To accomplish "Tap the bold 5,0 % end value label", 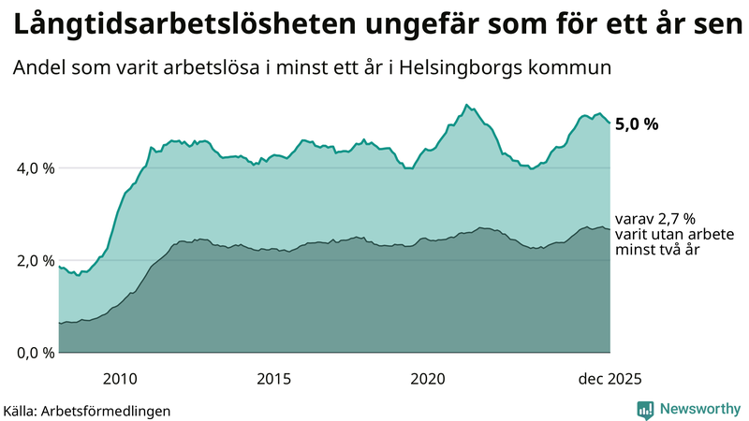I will pyautogui.click(x=642, y=123).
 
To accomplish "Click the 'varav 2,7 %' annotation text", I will pyautogui.click(x=656, y=218).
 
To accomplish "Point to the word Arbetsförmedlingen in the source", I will pyautogui.click(x=111, y=410).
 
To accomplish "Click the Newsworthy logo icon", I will pyautogui.click(x=645, y=409).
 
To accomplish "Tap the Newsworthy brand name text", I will pyautogui.click(x=699, y=409).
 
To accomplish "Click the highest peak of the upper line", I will pyautogui.click(x=466, y=105).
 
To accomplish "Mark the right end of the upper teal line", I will pyautogui.click(x=610, y=123).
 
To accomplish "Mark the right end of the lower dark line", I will pyautogui.click(x=610, y=229).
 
